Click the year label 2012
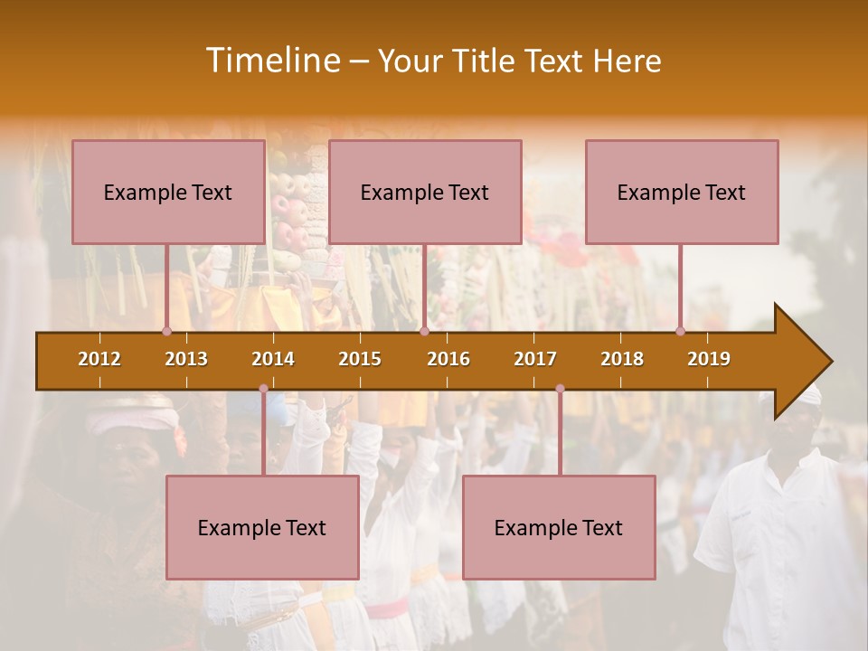click(x=99, y=359)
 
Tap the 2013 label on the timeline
click(x=186, y=359)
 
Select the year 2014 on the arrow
click(x=273, y=359)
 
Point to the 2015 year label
click(x=360, y=359)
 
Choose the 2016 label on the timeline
click(x=448, y=359)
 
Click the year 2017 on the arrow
click(x=535, y=359)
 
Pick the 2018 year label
click(x=622, y=359)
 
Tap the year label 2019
click(x=709, y=359)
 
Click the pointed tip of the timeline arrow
click(x=829, y=361)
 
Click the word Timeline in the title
click(x=271, y=61)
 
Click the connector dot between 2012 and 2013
click(x=166, y=331)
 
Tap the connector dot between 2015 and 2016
click(x=424, y=331)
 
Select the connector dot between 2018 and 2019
click(x=681, y=331)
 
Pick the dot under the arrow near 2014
click(x=263, y=389)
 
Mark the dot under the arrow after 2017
click(x=560, y=389)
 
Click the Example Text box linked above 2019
click(x=682, y=192)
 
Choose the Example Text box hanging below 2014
click(x=262, y=527)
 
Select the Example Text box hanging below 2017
click(x=559, y=527)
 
